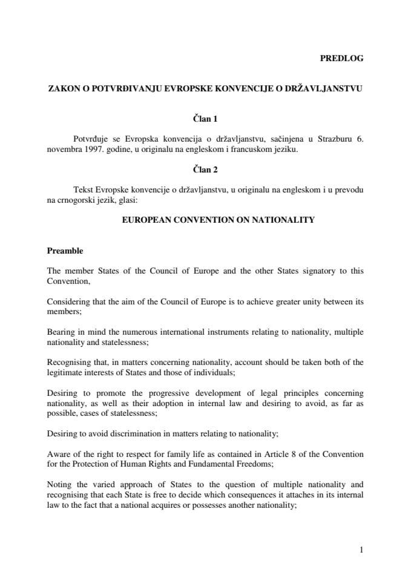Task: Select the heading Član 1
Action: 205,119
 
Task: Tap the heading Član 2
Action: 205,170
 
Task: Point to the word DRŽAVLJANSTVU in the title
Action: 324,88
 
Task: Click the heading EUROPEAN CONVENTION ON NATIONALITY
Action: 219,220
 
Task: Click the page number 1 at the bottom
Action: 361,550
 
